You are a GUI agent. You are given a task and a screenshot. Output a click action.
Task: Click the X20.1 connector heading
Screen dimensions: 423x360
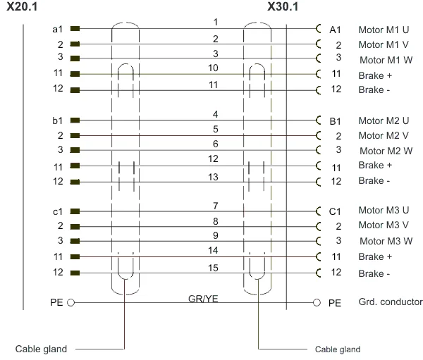pos(22,6)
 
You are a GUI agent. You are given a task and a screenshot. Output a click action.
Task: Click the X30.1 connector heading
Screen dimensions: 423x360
pos(283,6)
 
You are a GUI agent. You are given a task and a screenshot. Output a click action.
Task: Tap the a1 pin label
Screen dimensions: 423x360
pos(58,29)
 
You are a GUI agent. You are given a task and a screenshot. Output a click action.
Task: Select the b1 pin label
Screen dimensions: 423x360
pos(58,120)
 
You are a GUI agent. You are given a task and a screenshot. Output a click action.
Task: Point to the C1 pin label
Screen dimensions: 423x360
pos(335,211)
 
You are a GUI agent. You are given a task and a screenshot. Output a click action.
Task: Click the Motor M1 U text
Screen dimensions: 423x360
pos(384,30)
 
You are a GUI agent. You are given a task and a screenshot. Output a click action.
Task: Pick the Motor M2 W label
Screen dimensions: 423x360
pos(386,151)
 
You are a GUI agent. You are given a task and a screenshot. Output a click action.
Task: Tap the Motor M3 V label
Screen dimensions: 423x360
pos(384,225)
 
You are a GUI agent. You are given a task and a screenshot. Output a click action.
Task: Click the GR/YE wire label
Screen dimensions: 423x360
pos(203,299)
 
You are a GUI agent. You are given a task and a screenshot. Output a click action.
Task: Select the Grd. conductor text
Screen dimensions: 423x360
pos(391,302)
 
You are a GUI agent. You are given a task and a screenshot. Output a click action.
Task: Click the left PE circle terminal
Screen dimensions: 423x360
pos(70,302)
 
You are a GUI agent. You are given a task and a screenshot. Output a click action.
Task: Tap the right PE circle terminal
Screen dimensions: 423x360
pos(317,302)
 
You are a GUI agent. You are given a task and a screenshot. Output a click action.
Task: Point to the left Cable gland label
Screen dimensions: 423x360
pos(41,349)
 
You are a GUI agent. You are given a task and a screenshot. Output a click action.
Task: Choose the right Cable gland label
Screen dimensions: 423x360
pos(338,349)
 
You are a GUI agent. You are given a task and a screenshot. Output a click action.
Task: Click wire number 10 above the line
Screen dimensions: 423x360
pos(213,68)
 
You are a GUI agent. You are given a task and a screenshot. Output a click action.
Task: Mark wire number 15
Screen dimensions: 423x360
pos(213,268)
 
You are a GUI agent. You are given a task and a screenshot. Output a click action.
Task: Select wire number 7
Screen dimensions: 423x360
pos(215,206)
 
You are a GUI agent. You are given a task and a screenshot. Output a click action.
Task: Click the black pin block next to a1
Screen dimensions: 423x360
pos(75,28)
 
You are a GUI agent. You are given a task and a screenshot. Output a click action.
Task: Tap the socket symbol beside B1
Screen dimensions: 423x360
pos(319,120)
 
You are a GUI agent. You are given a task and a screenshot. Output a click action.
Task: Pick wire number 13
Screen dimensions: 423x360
pos(213,177)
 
